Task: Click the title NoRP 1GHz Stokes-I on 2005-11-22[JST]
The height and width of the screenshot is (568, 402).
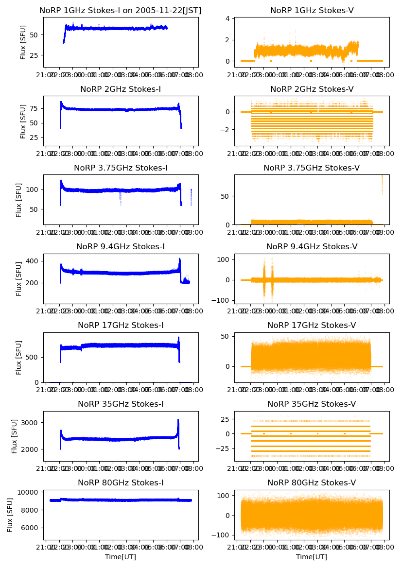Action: (121, 10)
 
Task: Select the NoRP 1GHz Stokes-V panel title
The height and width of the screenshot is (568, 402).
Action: (312, 10)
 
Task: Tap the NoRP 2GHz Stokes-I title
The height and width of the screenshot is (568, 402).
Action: (121, 89)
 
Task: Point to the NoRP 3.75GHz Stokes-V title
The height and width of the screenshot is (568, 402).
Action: (312, 168)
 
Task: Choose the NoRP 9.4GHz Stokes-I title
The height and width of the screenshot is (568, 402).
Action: (121, 246)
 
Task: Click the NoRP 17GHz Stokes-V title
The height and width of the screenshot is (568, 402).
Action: (312, 325)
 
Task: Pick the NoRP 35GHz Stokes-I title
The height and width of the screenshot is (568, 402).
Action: (121, 404)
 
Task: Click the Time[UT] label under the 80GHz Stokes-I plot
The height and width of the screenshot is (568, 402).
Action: (121, 556)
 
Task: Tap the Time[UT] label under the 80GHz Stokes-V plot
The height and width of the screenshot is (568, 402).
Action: (312, 556)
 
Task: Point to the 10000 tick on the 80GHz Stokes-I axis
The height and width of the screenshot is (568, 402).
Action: (29, 492)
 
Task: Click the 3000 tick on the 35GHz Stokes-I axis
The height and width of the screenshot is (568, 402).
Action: (31, 422)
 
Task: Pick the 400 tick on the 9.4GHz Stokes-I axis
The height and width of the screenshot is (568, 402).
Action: (33, 261)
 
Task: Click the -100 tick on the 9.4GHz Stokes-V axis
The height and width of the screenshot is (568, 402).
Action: (223, 300)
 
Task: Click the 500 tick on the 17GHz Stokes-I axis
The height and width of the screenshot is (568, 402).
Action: (33, 357)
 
